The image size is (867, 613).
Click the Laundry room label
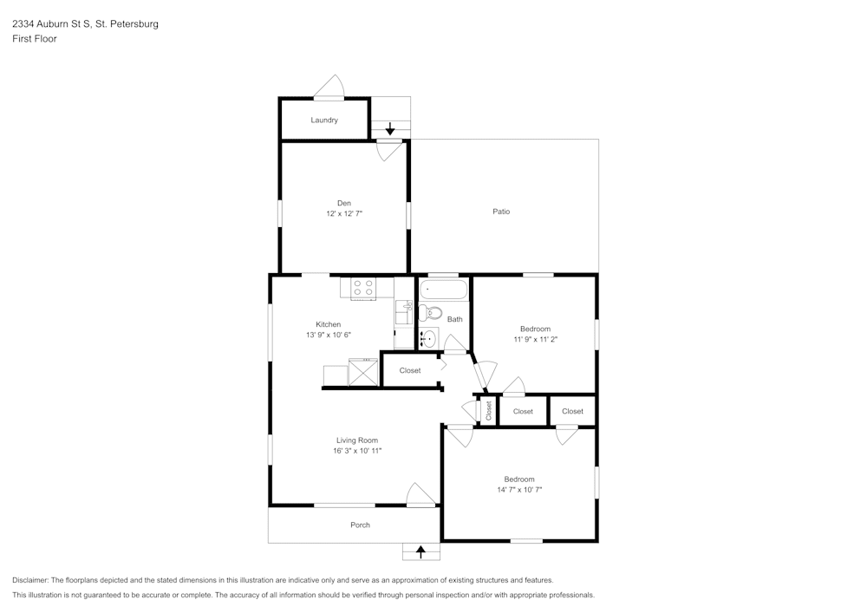click(x=324, y=120)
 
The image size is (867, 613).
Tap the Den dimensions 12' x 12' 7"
click(x=343, y=212)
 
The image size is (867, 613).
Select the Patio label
click(x=501, y=212)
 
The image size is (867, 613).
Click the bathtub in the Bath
click(x=444, y=289)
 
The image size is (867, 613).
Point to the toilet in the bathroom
click(x=430, y=313)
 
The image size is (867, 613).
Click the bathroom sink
click(x=429, y=338)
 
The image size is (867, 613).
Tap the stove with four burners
click(x=363, y=287)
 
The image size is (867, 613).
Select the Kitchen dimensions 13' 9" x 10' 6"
click(x=328, y=335)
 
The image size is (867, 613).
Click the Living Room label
click(x=357, y=440)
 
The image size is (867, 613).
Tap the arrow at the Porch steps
click(x=421, y=550)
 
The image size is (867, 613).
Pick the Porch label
click(x=360, y=525)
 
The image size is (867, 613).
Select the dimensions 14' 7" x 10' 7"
click(x=519, y=490)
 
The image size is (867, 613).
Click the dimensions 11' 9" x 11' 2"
click(x=535, y=340)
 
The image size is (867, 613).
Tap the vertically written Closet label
click(x=488, y=411)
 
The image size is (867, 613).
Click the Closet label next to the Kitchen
click(x=410, y=370)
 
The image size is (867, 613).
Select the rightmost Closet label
click(x=572, y=411)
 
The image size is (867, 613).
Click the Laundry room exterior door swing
click(x=330, y=88)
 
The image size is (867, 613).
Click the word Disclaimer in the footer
click(x=30, y=580)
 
